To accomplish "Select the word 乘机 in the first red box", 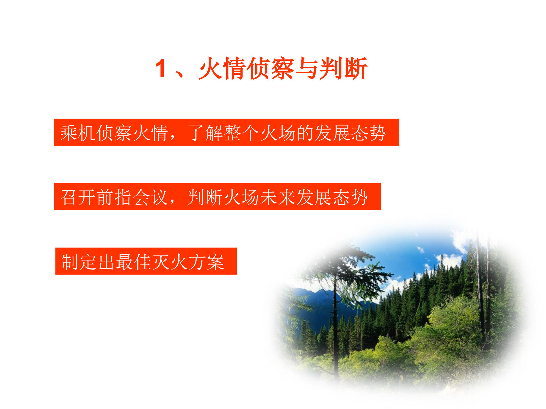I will tap(78, 133).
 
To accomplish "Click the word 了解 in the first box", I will tap(206, 133).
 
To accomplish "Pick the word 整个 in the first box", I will tap(242, 133).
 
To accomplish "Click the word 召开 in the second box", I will tap(78, 197).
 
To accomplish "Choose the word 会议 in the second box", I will tap(151, 197).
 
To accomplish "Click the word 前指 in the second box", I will tap(115, 197).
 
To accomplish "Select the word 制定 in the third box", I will tap(79, 262).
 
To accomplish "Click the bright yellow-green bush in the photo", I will tap(450, 322).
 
